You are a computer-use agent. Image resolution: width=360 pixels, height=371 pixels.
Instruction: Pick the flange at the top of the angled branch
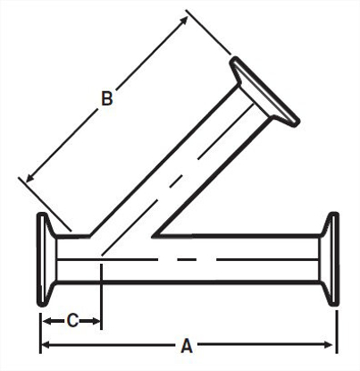pyautogui.click(x=264, y=90)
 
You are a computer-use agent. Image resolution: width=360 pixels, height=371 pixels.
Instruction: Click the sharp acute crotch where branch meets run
pyautogui.click(x=156, y=239)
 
